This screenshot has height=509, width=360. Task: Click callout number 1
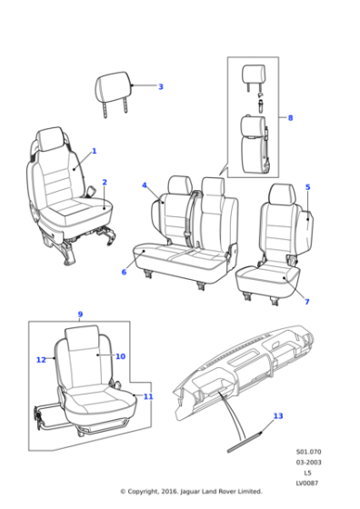[x=94, y=151]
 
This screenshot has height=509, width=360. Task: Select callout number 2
[x=105, y=182]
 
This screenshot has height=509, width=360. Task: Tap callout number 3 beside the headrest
[x=160, y=87]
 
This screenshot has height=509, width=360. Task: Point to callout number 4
[x=144, y=185]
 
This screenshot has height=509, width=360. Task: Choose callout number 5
[x=307, y=187]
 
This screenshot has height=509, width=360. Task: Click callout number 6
[x=124, y=272]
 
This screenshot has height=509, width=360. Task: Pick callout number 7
[x=306, y=302]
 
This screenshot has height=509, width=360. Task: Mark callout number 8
[x=290, y=118]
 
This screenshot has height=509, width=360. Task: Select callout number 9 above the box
[x=80, y=314]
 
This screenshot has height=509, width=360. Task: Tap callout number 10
[x=120, y=356]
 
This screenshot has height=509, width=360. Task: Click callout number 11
[x=148, y=396]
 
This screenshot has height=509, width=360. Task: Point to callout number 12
[x=41, y=360]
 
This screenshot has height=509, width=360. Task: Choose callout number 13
[x=278, y=416]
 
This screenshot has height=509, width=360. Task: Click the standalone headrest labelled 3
[x=115, y=90]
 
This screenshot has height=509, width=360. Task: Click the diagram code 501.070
[x=307, y=452]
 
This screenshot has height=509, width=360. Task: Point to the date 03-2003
[x=307, y=463]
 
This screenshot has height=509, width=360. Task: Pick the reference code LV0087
[x=307, y=483]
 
